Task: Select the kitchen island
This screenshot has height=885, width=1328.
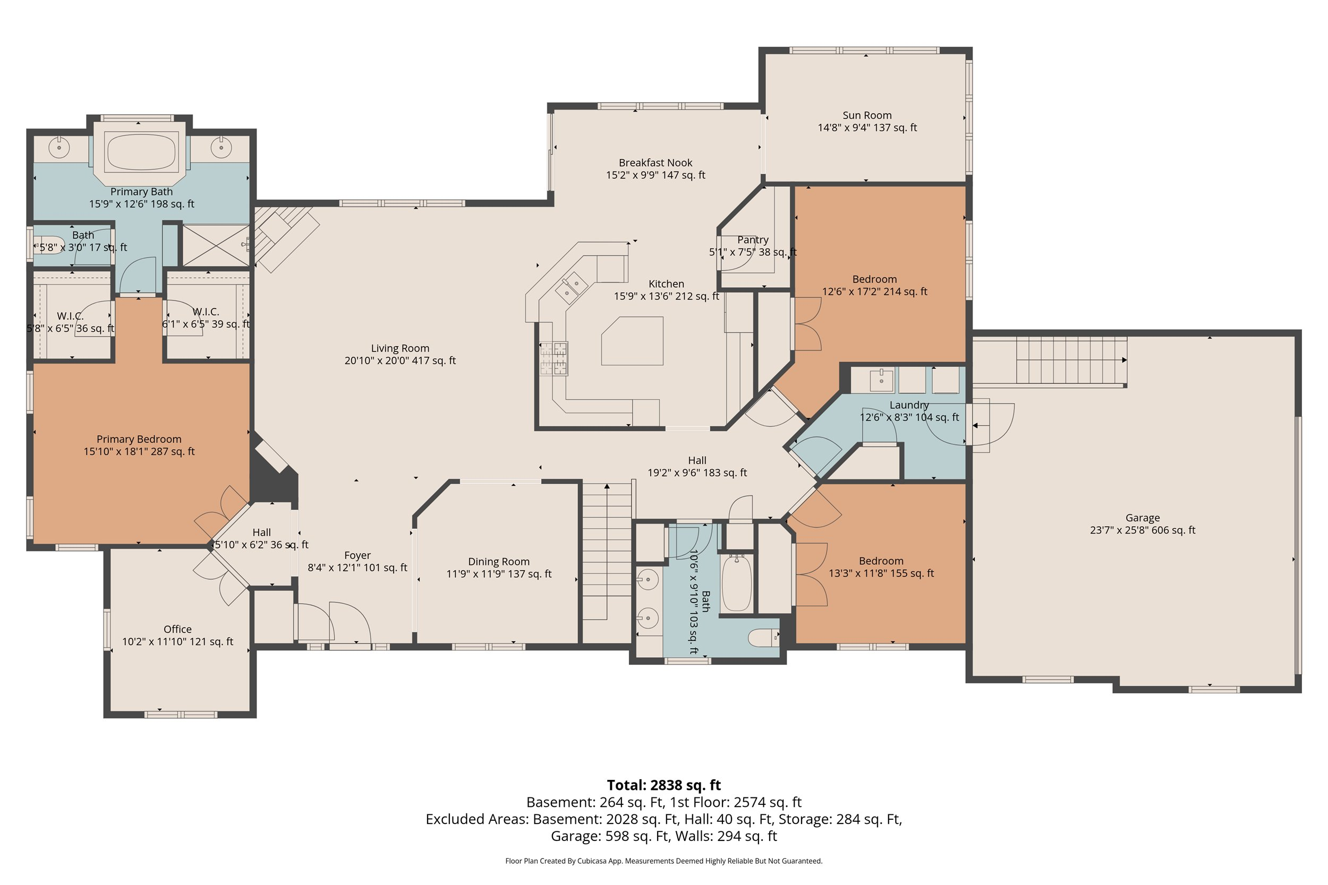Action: pyautogui.click(x=632, y=341)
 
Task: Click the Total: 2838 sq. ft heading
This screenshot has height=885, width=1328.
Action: pyautogui.click(x=663, y=785)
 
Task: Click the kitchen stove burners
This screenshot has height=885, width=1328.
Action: pyautogui.click(x=554, y=359)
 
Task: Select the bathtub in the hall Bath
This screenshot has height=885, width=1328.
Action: pyautogui.click(x=736, y=583)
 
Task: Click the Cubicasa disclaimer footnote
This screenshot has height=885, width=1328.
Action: pyautogui.click(x=663, y=861)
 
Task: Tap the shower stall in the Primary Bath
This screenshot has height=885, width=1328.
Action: pyautogui.click(x=216, y=245)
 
